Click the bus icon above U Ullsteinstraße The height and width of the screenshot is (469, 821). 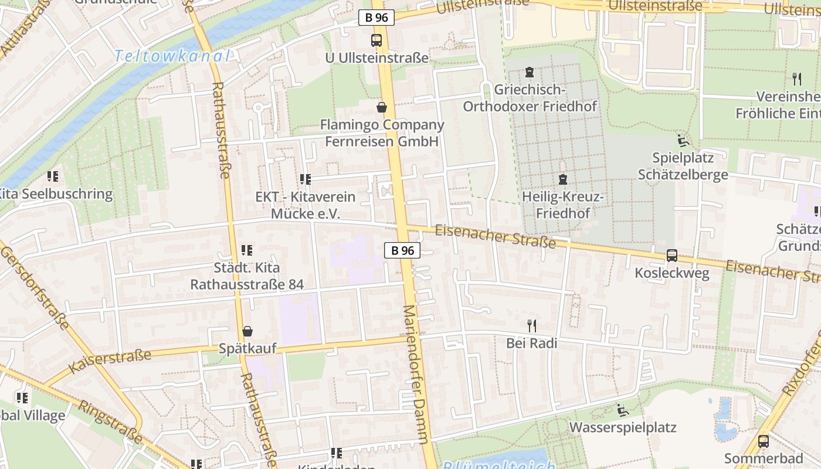376,40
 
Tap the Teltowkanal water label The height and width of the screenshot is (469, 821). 171,56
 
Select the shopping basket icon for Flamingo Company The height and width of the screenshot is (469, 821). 382,107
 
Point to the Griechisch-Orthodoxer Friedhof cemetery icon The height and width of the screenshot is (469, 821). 530,72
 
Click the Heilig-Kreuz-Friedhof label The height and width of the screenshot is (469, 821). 562,205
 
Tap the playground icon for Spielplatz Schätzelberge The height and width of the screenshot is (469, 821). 683,141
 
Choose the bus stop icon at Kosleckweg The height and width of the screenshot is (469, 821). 672,256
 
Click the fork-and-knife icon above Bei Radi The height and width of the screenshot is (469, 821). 532,325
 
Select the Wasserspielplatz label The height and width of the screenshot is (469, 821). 623,427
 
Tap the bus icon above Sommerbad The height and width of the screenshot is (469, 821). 764,441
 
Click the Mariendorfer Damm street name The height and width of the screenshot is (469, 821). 417,375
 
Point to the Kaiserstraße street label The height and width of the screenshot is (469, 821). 110,359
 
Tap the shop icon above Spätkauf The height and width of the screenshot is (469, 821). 247,331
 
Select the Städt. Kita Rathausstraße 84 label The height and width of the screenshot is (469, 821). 247,276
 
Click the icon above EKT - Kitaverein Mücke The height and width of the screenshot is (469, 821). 305,179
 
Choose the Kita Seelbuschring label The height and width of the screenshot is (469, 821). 55,194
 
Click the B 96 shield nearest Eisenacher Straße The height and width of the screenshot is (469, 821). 402,250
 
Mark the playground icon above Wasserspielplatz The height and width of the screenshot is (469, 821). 623,410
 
